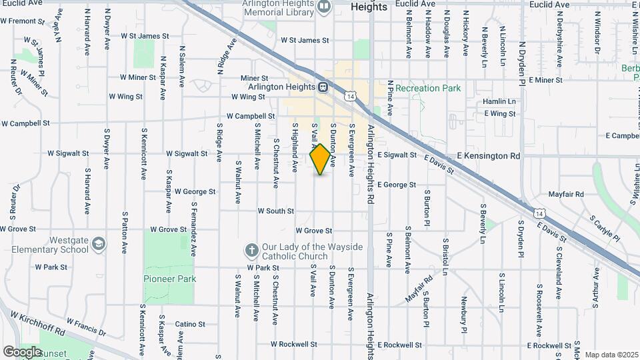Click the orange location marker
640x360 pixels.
pos(321,159)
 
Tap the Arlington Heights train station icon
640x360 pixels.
pos(323,87)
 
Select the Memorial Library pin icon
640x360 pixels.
pos(325,7)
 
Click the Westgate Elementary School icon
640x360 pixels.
pos(99,243)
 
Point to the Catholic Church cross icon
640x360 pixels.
pos(251,251)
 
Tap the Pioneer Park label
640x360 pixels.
pos(170,279)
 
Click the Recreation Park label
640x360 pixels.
pos(427,88)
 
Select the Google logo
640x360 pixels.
pos(22,351)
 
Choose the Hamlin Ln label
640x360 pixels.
pos(499,101)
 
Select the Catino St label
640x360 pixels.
pos(190,325)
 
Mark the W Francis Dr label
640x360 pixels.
pos(85,327)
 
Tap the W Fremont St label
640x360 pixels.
pos(23,21)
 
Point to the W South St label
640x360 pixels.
pos(276,211)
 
